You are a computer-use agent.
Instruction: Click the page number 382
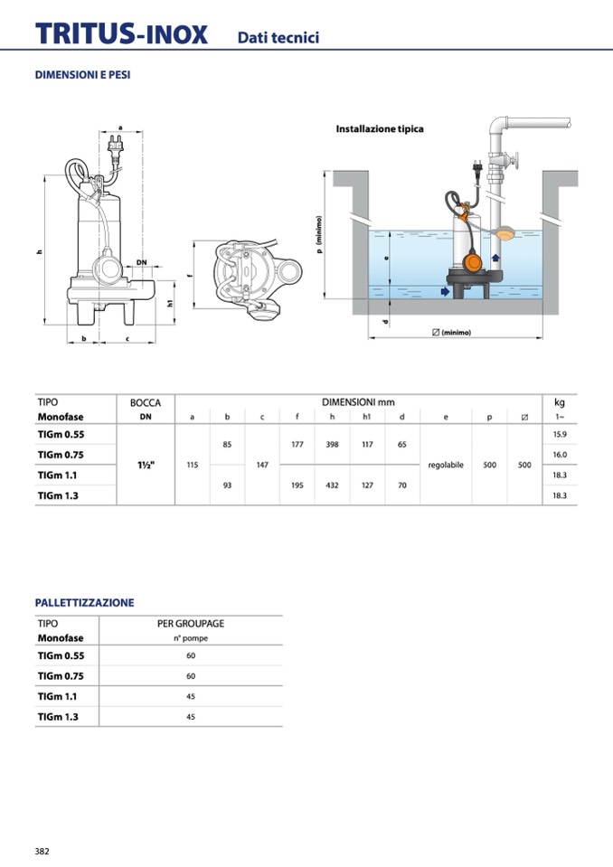pyautogui.click(x=42, y=851)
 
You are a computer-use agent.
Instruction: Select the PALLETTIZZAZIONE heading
pyautogui.click(x=84, y=602)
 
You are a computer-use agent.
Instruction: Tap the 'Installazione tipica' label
pyautogui.click(x=380, y=129)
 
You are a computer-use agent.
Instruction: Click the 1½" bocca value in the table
pyautogui.click(x=145, y=465)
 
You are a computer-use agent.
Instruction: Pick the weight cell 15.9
pyautogui.click(x=559, y=435)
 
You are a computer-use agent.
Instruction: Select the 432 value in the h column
pyautogui.click(x=332, y=485)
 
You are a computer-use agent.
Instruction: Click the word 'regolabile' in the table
pyautogui.click(x=446, y=465)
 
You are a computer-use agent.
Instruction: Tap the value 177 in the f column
pyautogui.click(x=297, y=444)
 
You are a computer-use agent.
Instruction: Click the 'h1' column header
pyautogui.click(x=367, y=417)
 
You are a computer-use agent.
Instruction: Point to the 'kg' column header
pyautogui.click(x=559, y=402)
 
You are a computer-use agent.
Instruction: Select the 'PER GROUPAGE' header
pyautogui.click(x=191, y=624)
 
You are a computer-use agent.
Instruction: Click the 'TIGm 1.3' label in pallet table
pyautogui.click(x=58, y=716)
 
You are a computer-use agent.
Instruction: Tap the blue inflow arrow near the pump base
pyautogui.click(x=444, y=291)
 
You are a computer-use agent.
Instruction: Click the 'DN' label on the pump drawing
pyautogui.click(x=141, y=262)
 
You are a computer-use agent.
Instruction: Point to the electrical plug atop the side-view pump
pyautogui.click(x=117, y=145)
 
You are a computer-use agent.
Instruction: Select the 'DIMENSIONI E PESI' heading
pyautogui.click(x=82, y=75)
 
